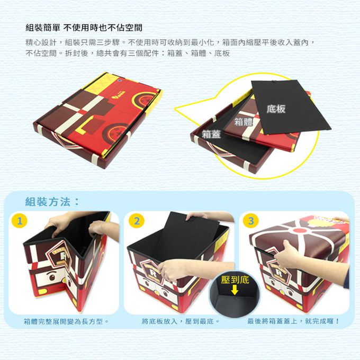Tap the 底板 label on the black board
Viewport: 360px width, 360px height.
click(x=276, y=109)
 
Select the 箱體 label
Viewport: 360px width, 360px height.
click(x=244, y=122)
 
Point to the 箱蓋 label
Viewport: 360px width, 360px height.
click(x=211, y=134)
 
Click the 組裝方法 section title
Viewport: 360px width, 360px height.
click(x=52, y=202)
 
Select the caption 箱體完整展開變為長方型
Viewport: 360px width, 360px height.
click(x=66, y=321)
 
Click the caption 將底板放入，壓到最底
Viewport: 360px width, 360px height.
click(x=181, y=321)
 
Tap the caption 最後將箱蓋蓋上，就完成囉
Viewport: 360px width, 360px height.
click(x=294, y=321)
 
